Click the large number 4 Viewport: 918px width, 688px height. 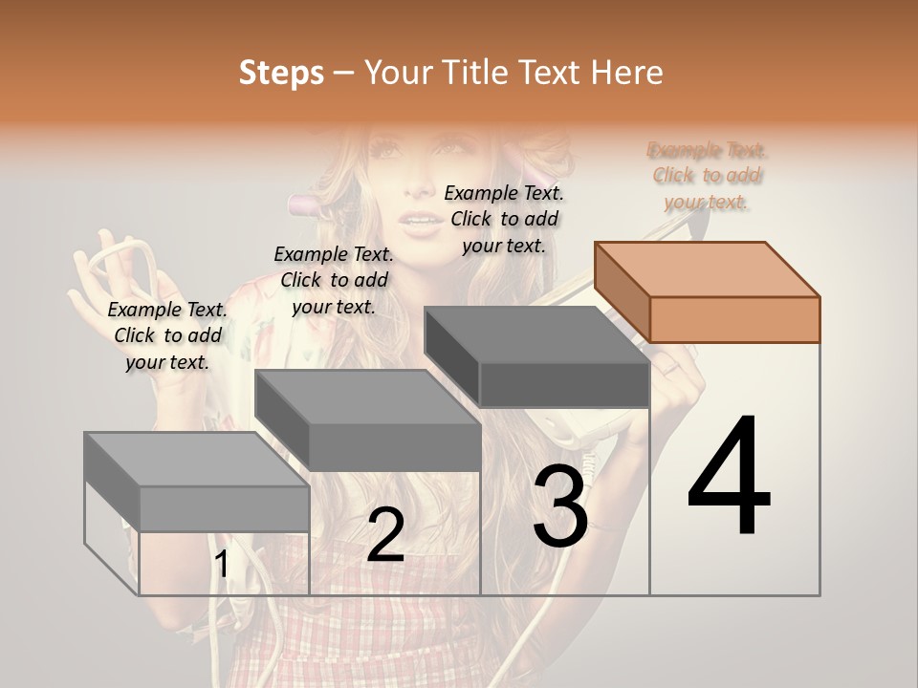[x=729, y=477]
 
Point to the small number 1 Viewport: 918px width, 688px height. [x=222, y=565]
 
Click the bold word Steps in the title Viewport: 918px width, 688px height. [x=281, y=73]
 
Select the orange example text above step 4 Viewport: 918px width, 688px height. [x=708, y=176]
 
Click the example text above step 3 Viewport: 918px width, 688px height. [x=505, y=219]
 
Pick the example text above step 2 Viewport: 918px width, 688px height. [x=334, y=280]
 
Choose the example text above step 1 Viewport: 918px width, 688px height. [x=167, y=335]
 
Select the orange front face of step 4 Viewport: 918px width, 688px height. [x=734, y=319]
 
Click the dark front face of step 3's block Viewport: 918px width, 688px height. [x=564, y=384]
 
